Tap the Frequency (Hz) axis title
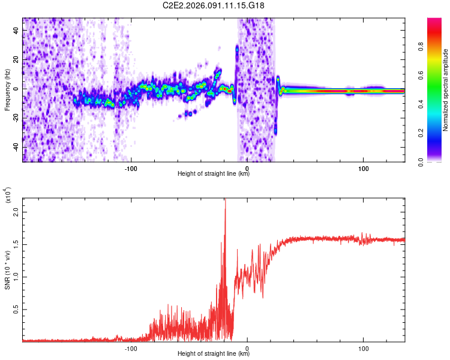(7, 90)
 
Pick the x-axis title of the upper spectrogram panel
(214, 174)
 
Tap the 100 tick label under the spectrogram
(363, 168)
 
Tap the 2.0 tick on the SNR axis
(16, 212)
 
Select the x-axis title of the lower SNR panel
(214, 351)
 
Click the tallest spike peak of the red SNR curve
(225, 200)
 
